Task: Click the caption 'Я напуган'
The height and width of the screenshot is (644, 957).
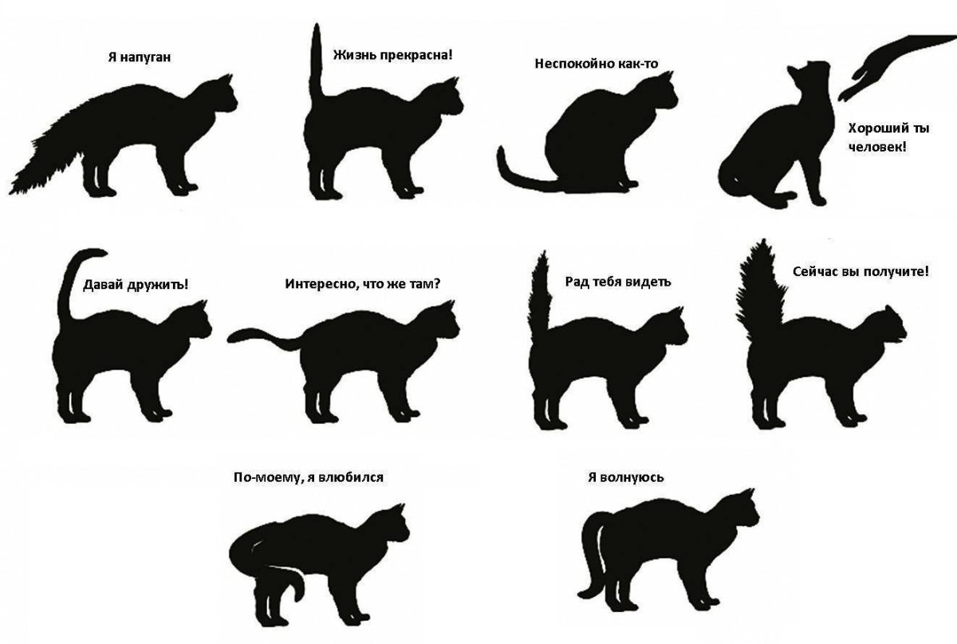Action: pos(140,57)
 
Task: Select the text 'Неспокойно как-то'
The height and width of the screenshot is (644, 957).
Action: pos(597,63)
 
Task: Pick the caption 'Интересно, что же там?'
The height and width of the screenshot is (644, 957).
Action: pos(362,282)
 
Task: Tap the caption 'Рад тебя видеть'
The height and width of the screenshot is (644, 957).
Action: pos(618,281)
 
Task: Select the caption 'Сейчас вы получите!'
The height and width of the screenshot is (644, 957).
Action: pos(861,271)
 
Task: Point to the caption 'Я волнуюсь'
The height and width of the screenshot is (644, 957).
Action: pos(625,477)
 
